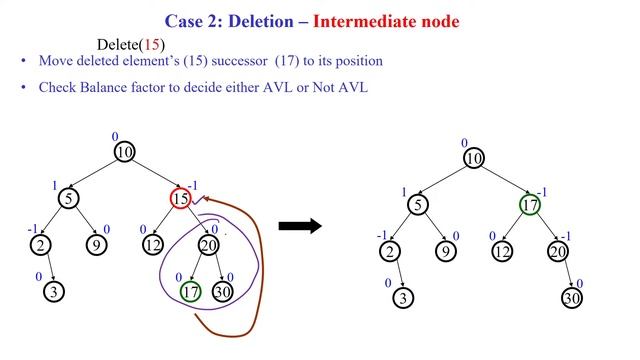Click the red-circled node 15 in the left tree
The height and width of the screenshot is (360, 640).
coord(180,199)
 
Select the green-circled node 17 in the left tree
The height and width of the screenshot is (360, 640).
coord(189,292)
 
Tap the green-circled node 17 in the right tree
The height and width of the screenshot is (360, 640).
coord(530,205)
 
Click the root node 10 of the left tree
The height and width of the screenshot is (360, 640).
coord(124,153)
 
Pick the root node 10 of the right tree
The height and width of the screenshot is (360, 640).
coord(474,159)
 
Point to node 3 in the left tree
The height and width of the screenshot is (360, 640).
coord(52,292)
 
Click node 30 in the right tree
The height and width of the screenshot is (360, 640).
coord(571,298)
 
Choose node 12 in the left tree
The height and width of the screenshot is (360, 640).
coord(153,246)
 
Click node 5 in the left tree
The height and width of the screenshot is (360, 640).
coord(68,199)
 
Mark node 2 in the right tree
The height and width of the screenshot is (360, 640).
coord(391,252)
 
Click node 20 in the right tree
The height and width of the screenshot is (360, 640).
coord(558,252)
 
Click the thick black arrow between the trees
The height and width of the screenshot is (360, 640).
coord(299,226)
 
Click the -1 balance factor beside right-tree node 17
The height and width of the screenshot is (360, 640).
coord(543,190)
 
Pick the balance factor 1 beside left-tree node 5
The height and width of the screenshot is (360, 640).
coord(53,185)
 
